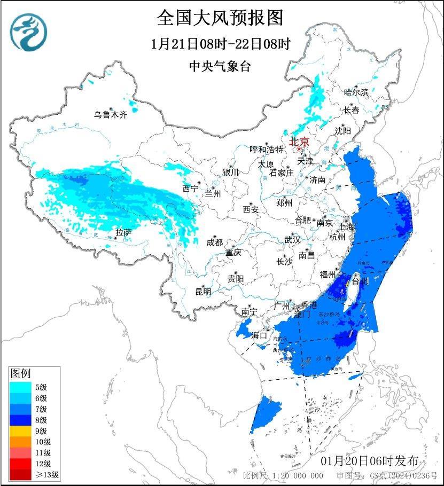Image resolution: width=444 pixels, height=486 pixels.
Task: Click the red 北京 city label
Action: pos(299,142)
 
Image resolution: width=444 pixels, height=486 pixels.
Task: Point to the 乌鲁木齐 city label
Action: pos(111,114)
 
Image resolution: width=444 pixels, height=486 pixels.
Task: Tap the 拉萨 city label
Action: pos(123,232)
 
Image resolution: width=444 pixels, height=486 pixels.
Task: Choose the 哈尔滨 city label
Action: pos(356,92)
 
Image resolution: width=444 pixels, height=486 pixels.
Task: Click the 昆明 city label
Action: pos(203,291)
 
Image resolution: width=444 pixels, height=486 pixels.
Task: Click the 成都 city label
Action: pos(214,242)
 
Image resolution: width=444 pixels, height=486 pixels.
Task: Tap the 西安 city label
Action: pos(251,209)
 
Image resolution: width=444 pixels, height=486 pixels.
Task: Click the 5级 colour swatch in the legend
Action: pos(21,387)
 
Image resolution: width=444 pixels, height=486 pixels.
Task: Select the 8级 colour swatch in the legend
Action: pos(21,420)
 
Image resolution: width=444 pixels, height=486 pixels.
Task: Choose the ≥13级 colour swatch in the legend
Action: pos(21,474)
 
